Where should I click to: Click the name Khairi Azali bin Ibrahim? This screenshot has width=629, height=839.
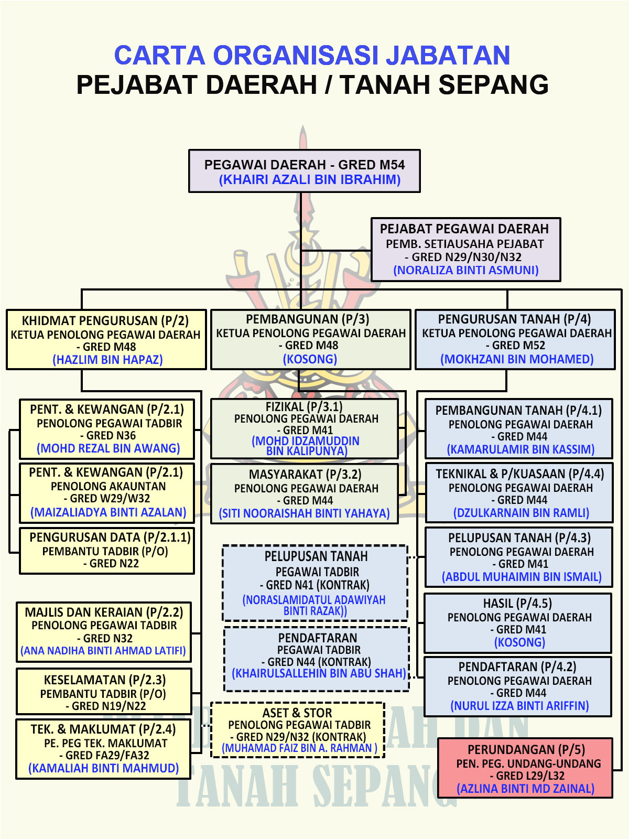[310, 179]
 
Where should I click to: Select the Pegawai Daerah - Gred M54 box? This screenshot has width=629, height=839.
[305, 171]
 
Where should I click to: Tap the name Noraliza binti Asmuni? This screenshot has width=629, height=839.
[466, 270]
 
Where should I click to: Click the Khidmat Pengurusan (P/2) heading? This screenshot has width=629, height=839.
[105, 320]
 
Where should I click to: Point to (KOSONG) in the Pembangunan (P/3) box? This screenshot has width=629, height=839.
[310, 359]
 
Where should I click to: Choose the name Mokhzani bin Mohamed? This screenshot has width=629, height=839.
[517, 359]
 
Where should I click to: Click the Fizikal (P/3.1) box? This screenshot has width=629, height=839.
[305, 428]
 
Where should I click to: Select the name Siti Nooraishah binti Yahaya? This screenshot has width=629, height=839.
[305, 513]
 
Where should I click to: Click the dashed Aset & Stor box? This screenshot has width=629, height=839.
[298, 730]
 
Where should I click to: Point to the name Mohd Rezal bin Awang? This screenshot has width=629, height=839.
[108, 448]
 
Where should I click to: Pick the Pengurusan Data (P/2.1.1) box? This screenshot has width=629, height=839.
[107, 551]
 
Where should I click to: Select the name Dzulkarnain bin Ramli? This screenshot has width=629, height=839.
[522, 512]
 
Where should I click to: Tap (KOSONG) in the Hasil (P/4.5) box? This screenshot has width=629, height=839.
[519, 642]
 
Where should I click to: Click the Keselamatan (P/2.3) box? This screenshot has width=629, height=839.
[104, 691]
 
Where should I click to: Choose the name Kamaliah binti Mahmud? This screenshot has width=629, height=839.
[103, 768]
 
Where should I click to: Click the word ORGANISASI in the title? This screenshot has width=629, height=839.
[296, 55]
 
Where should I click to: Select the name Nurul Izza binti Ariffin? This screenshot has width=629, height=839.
[519, 705]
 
